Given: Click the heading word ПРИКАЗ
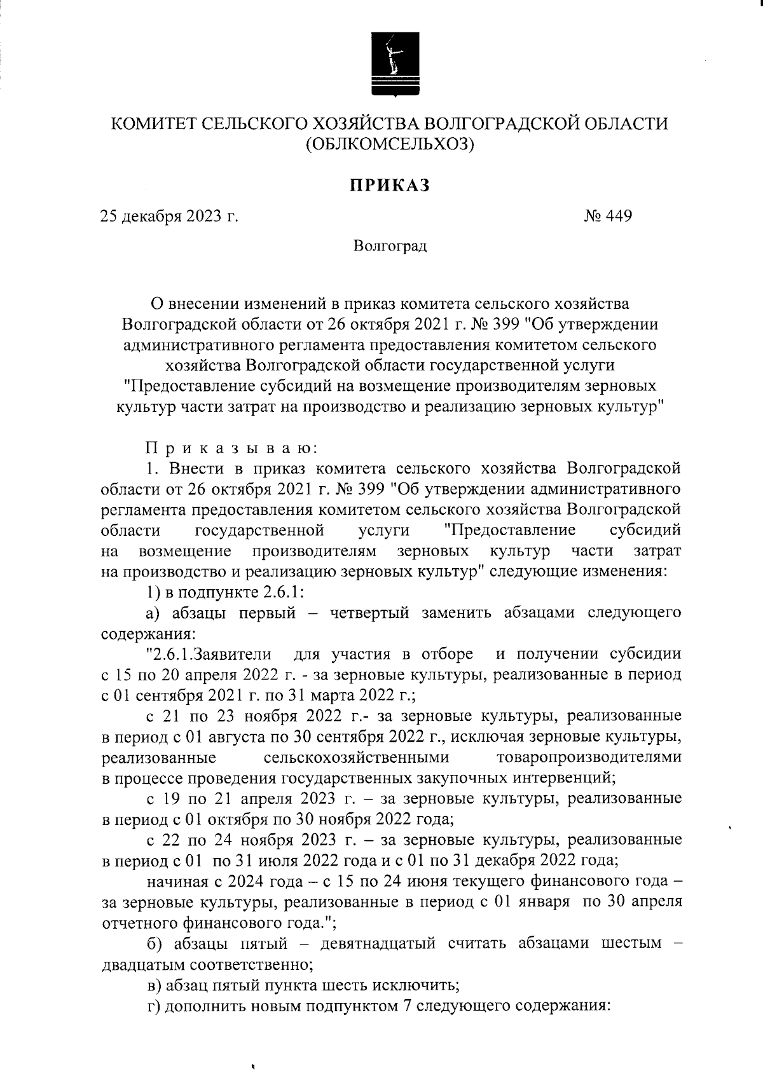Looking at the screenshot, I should (389, 185).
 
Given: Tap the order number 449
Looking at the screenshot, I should (620, 217).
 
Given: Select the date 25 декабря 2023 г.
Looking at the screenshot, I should (170, 217).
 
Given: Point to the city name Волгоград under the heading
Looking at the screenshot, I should (390, 246).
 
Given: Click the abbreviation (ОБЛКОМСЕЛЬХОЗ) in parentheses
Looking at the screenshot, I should (390, 146).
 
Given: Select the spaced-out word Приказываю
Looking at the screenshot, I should (231, 449).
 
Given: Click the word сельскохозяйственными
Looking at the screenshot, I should (355, 757).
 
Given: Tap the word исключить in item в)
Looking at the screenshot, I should (416, 985).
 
